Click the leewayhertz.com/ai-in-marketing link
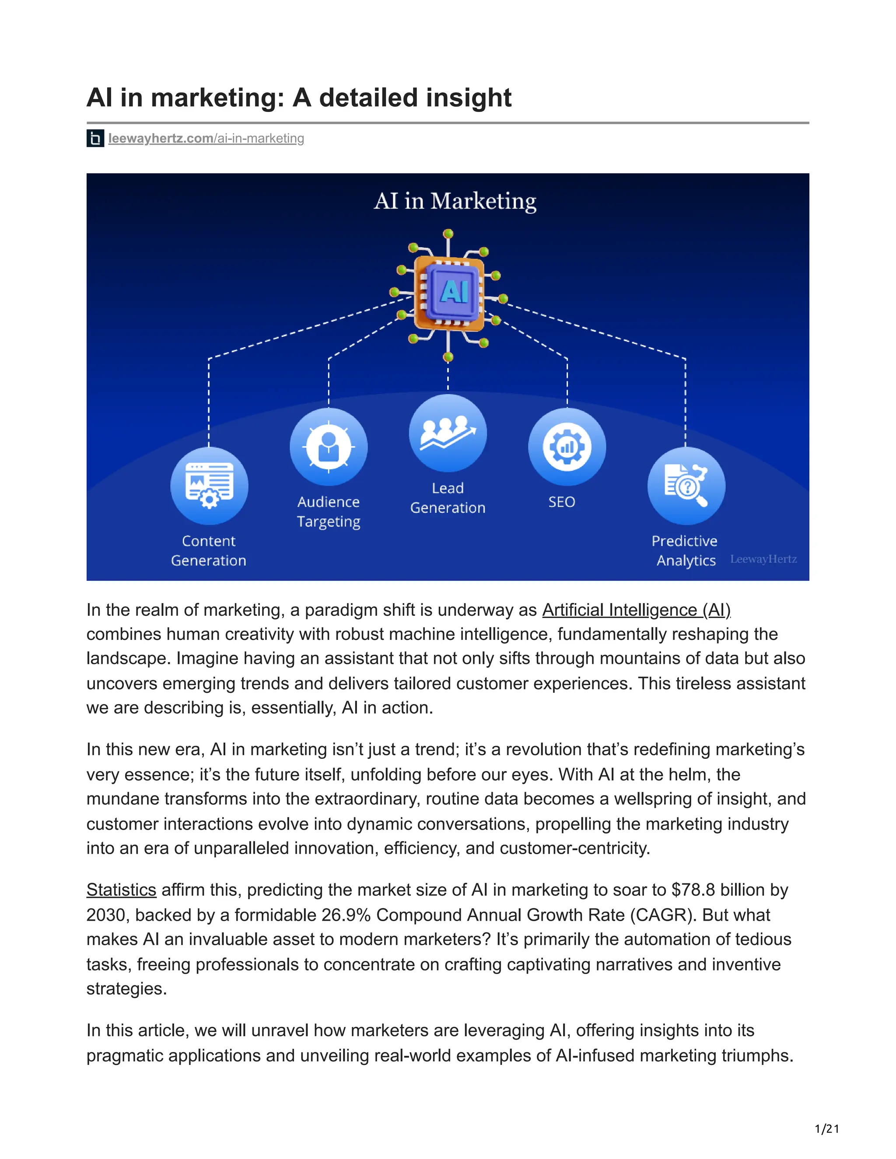click(206, 139)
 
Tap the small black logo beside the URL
click(95, 139)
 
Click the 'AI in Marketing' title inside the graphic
click(455, 201)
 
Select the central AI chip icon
click(449, 291)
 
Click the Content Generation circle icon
click(209, 485)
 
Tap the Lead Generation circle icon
click(448, 433)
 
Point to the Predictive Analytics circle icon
click(686, 485)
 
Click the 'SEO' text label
click(562, 502)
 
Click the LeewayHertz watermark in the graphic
click(763, 559)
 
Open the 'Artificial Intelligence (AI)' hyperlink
click(636, 610)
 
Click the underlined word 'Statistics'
click(121, 890)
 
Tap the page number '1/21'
click(826, 1129)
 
